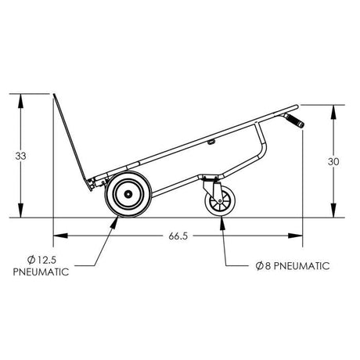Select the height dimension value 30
click(334, 161)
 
